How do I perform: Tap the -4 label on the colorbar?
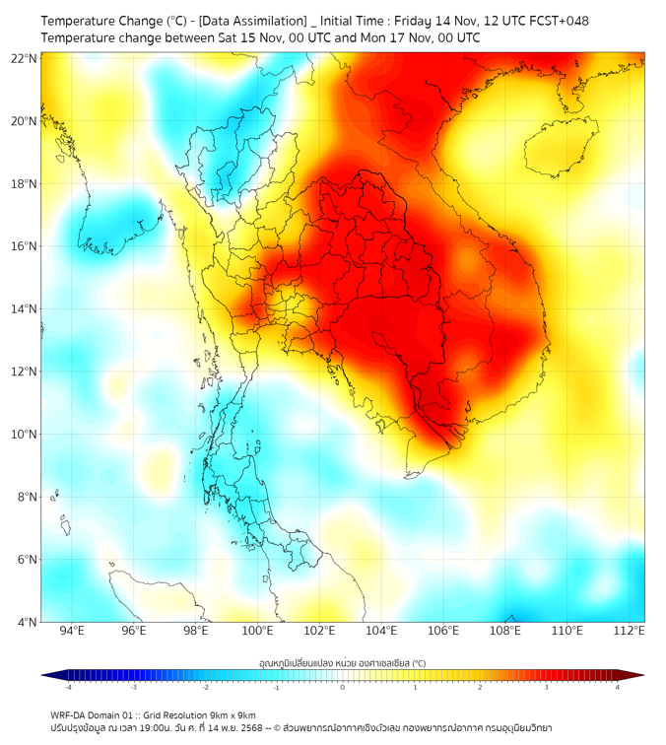click(x=67, y=687)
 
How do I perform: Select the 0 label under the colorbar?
click(x=343, y=687)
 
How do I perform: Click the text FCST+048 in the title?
click(x=558, y=20)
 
